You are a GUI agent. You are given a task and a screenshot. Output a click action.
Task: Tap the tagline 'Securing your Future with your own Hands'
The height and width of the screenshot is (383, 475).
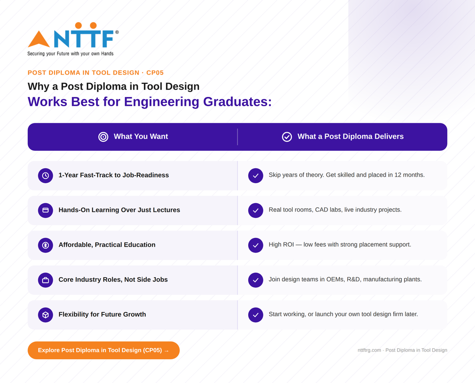71,54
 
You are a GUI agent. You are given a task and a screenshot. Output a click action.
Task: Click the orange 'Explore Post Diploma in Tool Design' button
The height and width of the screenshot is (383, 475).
103,350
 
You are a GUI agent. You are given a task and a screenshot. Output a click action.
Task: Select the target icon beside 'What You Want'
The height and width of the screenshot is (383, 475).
103,137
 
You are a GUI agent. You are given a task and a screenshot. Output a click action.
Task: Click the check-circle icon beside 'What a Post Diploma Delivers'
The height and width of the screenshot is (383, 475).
287,137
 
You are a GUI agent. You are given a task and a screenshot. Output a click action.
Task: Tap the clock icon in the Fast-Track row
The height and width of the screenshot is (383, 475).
45,176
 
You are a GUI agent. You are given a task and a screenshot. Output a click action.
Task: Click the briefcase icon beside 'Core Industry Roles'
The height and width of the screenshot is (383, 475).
45,280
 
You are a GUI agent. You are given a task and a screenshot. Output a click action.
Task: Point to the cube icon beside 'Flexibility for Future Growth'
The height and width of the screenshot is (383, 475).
45,315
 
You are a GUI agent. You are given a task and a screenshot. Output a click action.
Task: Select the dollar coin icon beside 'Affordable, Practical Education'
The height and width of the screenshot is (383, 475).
45,245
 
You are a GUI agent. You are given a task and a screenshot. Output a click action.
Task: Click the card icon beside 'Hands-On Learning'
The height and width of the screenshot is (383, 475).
45,211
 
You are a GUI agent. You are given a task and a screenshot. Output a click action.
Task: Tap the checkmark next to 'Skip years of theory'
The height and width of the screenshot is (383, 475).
256,176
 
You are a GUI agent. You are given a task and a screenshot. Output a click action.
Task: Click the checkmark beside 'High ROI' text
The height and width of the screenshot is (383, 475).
256,245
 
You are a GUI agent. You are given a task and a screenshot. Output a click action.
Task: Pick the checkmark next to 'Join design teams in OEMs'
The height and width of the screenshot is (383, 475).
256,280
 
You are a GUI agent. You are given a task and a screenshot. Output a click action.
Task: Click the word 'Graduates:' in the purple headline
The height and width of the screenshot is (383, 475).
237,102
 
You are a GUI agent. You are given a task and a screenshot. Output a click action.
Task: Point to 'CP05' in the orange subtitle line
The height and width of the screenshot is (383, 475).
155,73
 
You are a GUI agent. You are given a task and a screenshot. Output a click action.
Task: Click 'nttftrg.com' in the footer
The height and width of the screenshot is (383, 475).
369,350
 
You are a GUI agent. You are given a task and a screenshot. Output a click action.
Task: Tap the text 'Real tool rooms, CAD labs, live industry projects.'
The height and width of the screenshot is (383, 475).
335,210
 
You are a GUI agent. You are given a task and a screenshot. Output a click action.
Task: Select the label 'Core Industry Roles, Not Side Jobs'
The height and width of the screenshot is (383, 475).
113,280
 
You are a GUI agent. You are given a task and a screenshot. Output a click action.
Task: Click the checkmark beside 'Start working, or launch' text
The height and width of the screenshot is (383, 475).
256,315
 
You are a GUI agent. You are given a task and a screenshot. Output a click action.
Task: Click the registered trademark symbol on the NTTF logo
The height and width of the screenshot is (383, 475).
117,32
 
